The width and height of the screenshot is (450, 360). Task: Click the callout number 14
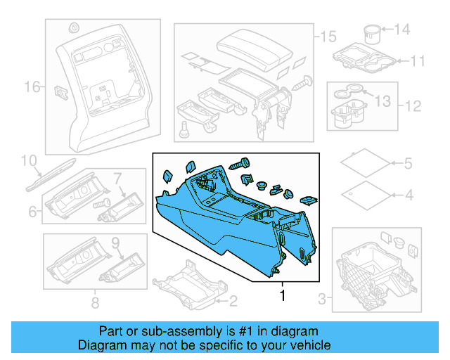coord(401,30)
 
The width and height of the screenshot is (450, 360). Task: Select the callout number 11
coord(418,61)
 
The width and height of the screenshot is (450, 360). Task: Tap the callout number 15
coord(328,36)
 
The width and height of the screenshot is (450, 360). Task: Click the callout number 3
coord(323,300)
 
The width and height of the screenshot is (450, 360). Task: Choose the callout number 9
coord(116,244)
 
